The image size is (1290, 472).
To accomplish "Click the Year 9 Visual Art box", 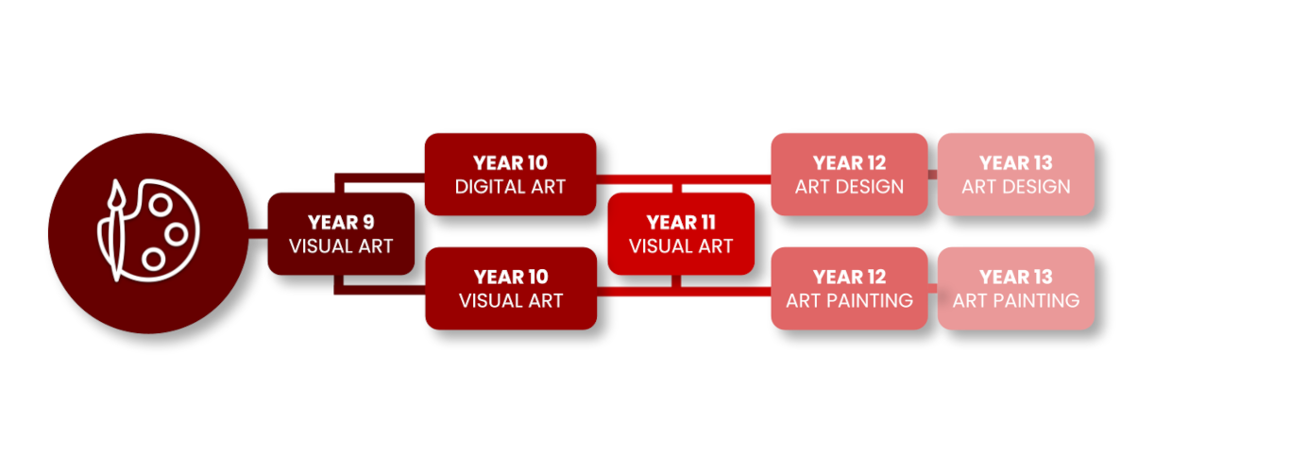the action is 341,234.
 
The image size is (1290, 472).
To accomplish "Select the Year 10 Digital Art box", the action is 510,175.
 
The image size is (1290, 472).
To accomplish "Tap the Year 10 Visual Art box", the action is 511,288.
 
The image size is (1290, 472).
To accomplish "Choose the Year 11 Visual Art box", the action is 681,234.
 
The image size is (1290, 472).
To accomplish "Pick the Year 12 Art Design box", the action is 849,175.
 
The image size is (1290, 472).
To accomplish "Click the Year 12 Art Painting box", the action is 849,288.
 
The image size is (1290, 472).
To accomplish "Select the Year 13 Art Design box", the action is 1016,175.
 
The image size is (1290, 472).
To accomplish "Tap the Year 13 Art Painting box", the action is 1016,288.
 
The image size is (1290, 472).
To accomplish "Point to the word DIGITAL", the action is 483,187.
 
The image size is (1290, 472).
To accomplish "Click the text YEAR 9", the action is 341,222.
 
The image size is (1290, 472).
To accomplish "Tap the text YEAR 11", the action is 681,222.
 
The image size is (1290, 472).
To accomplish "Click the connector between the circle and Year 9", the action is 258,234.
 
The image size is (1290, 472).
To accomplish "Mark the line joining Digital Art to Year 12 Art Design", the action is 684,179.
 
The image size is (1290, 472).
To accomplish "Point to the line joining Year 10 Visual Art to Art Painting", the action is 684,292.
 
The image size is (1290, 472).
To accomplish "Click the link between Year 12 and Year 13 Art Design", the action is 932,175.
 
